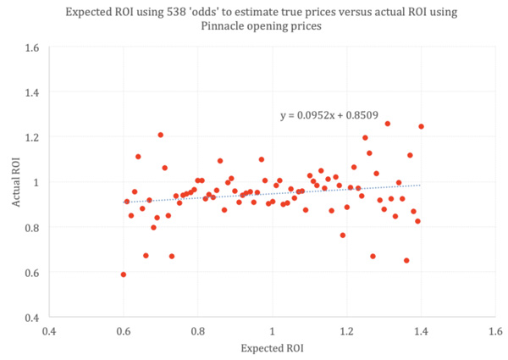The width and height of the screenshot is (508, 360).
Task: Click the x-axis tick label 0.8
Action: click(198, 330)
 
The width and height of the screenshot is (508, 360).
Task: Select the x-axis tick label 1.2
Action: click(346, 330)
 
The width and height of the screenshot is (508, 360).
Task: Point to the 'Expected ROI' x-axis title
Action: click(273, 348)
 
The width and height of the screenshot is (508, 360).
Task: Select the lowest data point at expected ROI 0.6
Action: click(124, 274)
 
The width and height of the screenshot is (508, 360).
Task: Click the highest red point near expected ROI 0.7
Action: click(160, 135)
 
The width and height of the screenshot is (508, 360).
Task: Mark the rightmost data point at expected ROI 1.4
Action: click(421, 126)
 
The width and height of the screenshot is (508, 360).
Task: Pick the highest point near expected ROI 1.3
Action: click(388, 124)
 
